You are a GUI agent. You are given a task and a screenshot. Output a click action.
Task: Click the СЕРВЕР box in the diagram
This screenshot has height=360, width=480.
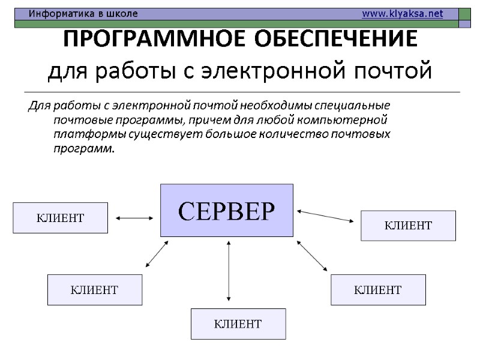[x=226, y=210]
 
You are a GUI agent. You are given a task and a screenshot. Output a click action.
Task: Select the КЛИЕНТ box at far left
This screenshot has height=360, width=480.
[x=60, y=217]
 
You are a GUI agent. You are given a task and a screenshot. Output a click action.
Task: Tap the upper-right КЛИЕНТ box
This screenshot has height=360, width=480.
[x=408, y=226]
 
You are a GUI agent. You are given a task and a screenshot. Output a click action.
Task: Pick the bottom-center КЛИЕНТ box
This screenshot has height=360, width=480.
[x=238, y=324]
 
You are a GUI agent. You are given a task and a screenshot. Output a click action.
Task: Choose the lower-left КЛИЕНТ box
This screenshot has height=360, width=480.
[x=95, y=290]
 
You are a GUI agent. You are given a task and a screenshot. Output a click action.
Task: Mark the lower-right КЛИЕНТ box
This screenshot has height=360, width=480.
[x=378, y=290]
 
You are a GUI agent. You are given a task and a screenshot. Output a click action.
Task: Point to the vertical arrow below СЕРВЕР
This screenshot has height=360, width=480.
[x=229, y=269]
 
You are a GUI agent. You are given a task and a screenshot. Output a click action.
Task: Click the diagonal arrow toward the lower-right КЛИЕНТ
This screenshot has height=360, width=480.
[x=312, y=254]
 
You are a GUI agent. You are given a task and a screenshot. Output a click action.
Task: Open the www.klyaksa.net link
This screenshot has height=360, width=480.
[x=403, y=13]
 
